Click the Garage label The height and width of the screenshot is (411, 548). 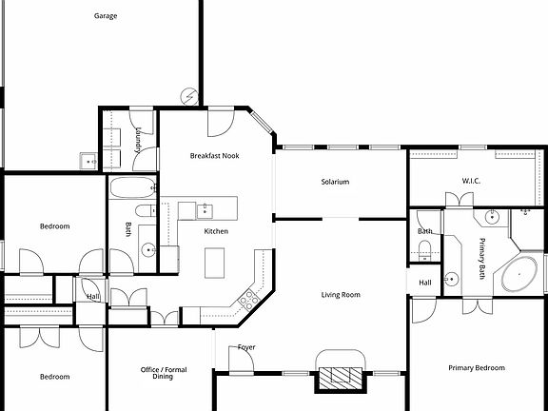(106, 16)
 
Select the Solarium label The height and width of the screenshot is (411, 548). (335, 182)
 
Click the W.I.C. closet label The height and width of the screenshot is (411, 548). (473, 181)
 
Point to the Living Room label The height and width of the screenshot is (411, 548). (340, 295)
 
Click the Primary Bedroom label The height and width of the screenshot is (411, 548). (476, 367)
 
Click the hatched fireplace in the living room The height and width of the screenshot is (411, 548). (340, 379)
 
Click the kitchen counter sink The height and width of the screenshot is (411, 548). (205, 207)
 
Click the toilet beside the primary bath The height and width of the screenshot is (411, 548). (424, 248)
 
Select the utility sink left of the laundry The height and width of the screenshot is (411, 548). (88, 161)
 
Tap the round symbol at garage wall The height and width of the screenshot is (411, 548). (190, 95)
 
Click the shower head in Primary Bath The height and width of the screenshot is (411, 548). (524, 210)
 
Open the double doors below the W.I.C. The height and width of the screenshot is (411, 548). (459, 199)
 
